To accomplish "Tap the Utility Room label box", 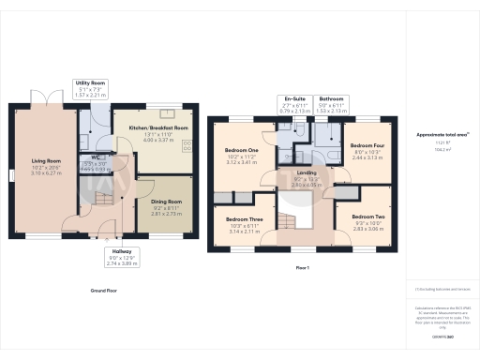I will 90,89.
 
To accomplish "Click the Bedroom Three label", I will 242,221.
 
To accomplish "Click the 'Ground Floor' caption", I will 103,291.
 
